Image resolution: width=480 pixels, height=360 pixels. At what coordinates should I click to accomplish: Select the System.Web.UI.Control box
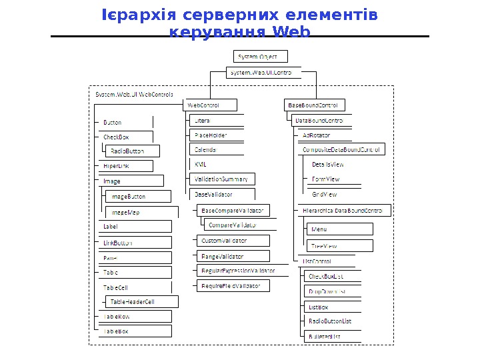click(261, 72)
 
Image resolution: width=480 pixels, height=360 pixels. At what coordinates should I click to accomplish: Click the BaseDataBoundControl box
click(315, 105)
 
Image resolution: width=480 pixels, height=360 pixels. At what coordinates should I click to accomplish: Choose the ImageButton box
click(137, 197)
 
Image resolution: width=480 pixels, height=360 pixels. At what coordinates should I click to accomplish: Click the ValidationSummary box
click(222, 179)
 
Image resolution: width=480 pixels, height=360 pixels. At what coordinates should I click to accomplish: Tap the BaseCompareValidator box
click(233, 211)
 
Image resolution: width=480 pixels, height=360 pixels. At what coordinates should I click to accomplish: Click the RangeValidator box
click(233, 256)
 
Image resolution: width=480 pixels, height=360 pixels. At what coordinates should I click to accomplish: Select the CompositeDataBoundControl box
click(341, 150)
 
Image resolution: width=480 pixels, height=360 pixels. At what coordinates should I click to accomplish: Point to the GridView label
click(324, 194)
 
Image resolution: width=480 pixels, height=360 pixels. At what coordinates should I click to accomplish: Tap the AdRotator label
click(316, 135)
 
